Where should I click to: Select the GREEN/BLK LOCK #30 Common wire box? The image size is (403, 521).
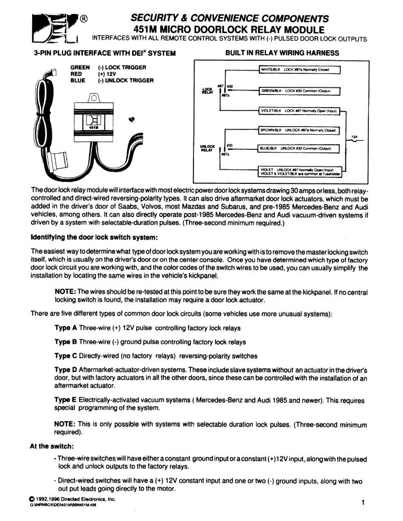click(x=299, y=91)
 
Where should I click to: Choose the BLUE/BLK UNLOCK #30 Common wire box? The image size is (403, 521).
click(x=299, y=148)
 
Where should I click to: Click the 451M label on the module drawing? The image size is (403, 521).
click(x=93, y=128)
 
